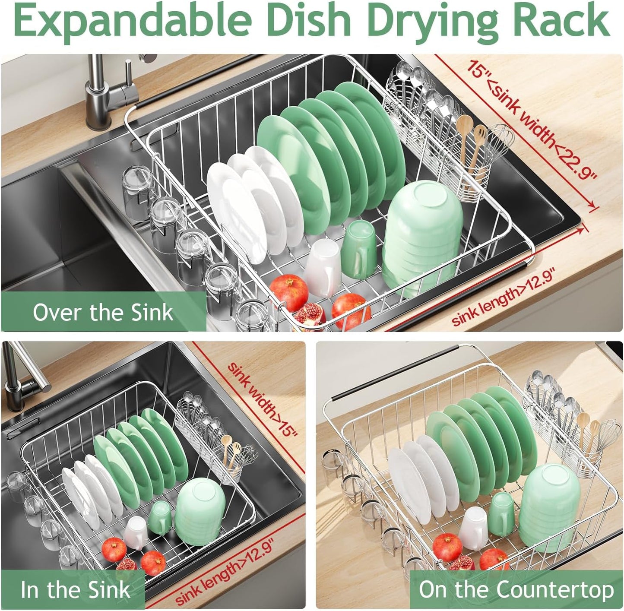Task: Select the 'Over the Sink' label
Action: coord(103,312)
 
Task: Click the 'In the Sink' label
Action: coord(75,590)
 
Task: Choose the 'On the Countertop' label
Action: coord(516,590)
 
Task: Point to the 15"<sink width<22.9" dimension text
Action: coord(531,119)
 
